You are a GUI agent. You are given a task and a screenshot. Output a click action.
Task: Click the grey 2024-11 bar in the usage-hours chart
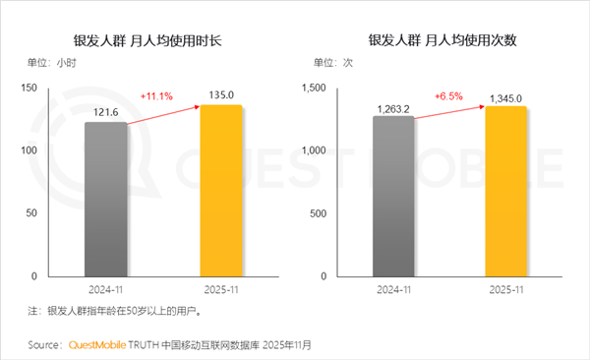106,199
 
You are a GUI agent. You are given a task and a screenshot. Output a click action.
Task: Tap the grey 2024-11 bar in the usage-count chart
393,196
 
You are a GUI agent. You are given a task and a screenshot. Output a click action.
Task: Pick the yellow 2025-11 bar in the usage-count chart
505,191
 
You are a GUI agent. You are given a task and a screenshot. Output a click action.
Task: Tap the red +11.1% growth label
156,96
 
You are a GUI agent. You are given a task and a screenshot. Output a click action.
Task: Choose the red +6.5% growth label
448,96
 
